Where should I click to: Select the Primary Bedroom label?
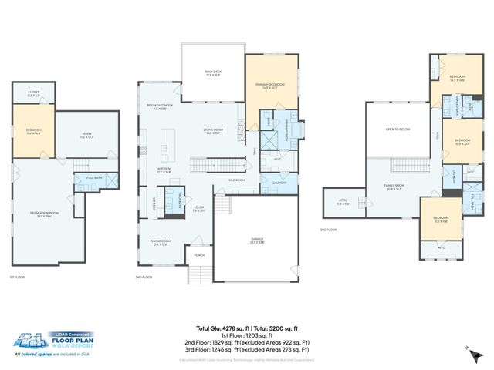[x=270, y=85]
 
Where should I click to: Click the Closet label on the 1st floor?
[x=33, y=93]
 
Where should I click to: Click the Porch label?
[x=199, y=255]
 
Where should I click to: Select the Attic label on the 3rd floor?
[x=343, y=203]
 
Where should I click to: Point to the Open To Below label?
[x=398, y=129]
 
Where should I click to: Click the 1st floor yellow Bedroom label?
[x=33, y=132]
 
